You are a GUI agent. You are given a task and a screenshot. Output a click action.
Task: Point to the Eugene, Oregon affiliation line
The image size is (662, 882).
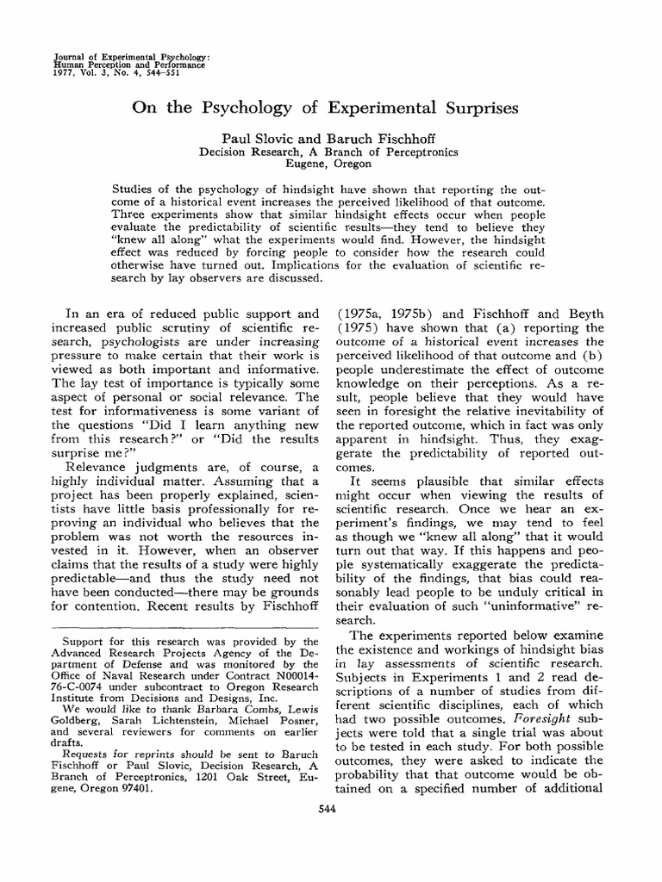click(331, 163)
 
